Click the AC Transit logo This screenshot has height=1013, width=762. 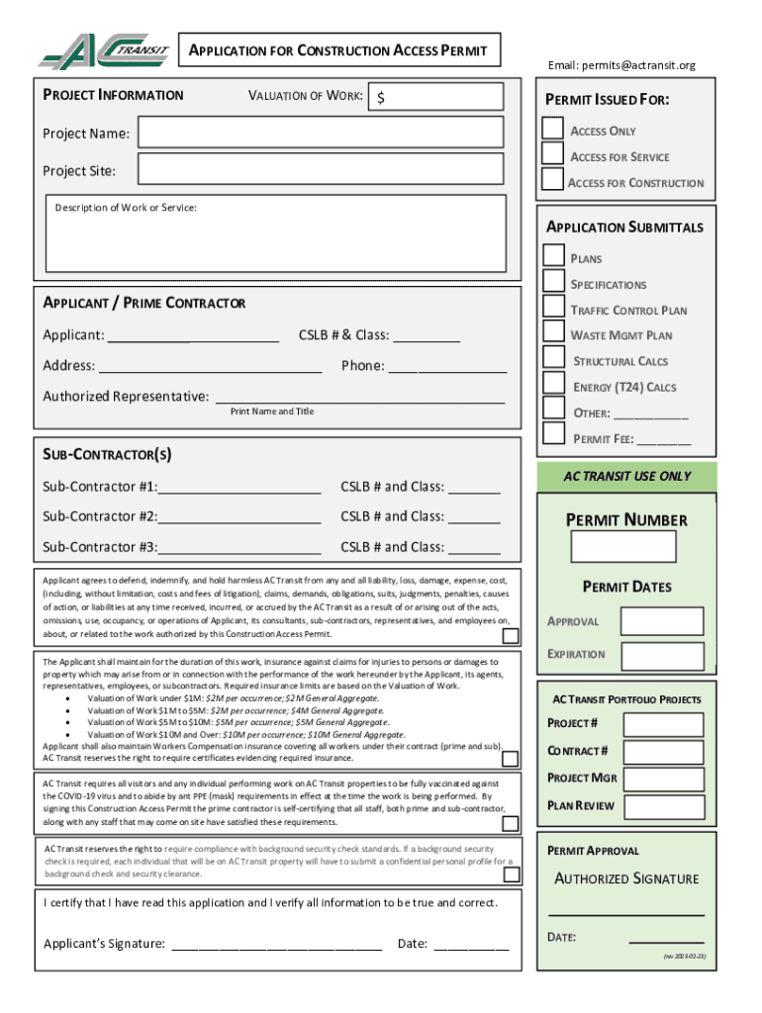point(104,51)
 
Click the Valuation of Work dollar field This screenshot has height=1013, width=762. point(438,97)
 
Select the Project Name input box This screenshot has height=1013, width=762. point(322,133)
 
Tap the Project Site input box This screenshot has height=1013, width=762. point(322,170)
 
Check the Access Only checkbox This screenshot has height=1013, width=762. point(553,130)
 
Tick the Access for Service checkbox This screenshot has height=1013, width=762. point(553,154)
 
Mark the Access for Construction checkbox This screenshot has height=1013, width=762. point(552,180)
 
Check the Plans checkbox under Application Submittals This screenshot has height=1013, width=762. point(554,255)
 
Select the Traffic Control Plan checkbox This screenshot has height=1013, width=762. point(554,306)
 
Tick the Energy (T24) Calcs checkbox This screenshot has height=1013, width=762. point(554,383)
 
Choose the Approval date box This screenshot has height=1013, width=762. point(662,621)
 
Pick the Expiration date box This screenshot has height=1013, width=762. point(662,655)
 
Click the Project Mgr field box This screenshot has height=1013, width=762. point(664,779)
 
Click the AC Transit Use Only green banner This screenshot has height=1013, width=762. point(627,476)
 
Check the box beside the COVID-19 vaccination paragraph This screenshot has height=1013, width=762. point(510,823)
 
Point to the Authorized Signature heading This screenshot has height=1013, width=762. point(626,878)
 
